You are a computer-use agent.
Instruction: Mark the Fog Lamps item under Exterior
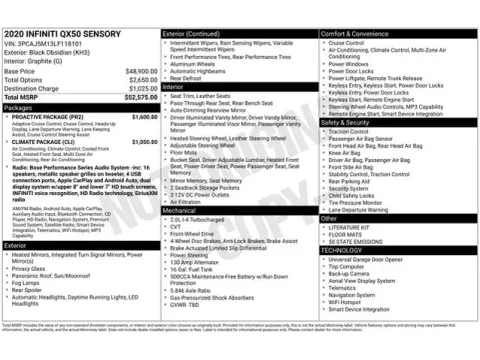pos(26,283)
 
